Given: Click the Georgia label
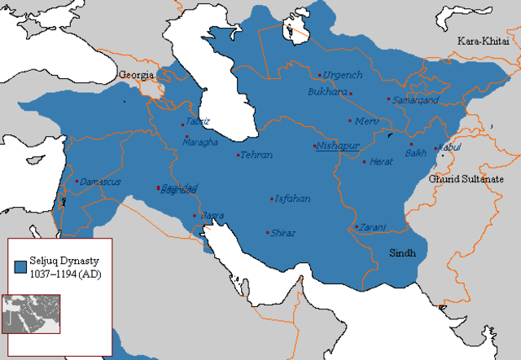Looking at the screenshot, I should point(138,75).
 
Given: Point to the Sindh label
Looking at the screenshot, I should point(402,252).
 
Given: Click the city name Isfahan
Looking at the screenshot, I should point(293,199).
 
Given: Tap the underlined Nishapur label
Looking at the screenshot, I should point(338,147).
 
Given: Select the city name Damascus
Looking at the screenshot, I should point(101,182).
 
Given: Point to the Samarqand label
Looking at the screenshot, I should point(415,99).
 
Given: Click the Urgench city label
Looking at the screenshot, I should point(342,75).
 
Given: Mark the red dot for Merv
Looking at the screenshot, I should point(350,121).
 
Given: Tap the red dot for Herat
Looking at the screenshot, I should point(364,161).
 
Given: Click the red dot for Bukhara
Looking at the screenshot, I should point(351,94).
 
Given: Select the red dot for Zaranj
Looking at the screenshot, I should point(357,226).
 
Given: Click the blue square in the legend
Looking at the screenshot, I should point(22,266).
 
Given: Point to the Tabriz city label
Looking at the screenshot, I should point(198,121).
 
